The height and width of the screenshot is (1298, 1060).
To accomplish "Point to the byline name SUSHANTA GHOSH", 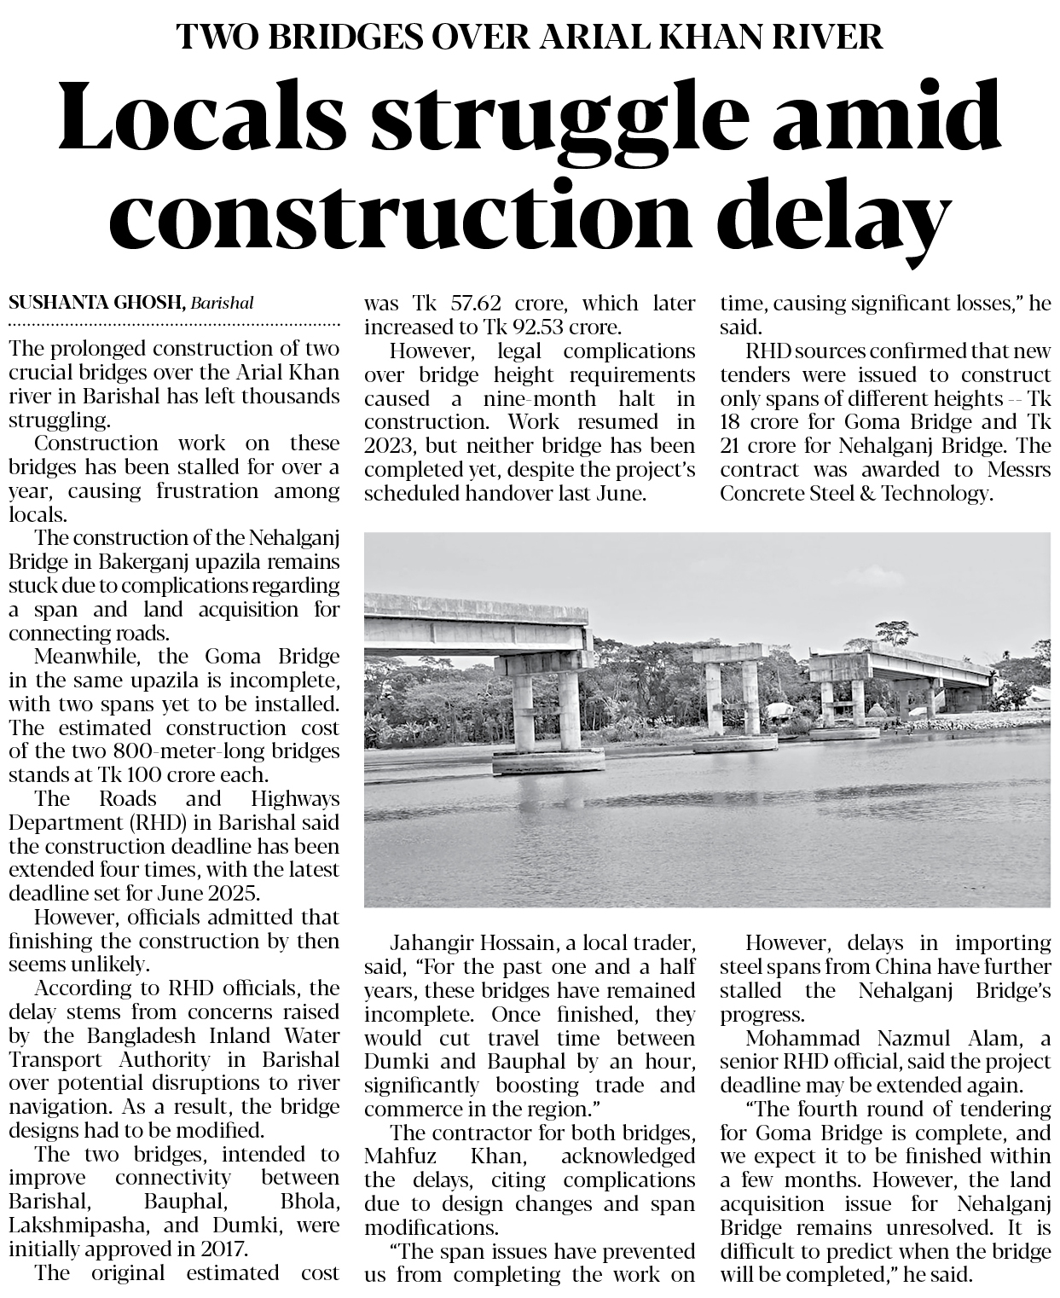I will pos(96,303).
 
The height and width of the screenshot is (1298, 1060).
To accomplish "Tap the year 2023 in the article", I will pos(388,445).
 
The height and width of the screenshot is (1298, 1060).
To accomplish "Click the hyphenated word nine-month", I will pos(536,398).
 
